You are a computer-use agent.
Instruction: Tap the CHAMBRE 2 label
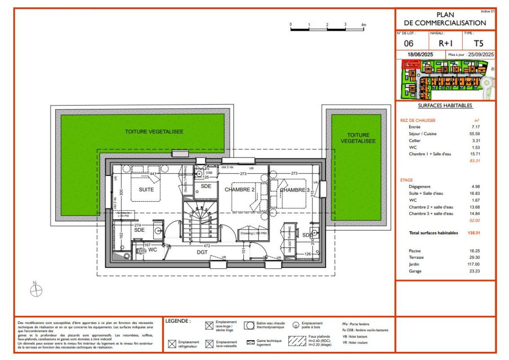tap(240, 190)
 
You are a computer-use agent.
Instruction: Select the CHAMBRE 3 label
tap(295, 190)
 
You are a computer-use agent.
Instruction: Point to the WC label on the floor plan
tap(152, 249)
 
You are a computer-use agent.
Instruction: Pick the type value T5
tap(478, 44)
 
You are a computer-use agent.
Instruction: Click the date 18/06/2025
tap(420, 54)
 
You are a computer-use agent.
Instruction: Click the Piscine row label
tap(409, 250)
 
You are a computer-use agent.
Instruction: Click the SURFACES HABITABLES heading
tap(445, 106)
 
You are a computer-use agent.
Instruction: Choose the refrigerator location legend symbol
tap(171, 345)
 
